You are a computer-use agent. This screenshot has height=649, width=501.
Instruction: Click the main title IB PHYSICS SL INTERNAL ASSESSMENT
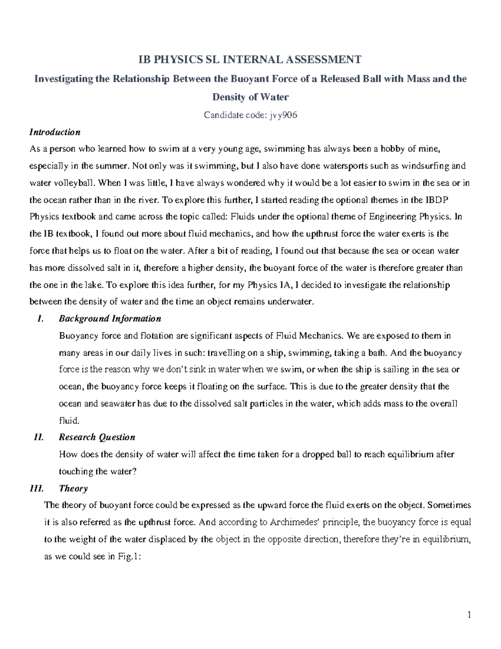tap(250, 60)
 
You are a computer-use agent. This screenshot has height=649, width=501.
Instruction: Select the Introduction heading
tap(55, 132)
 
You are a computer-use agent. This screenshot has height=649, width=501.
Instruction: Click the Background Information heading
tap(110, 318)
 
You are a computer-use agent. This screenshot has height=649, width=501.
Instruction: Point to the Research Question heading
tap(97, 437)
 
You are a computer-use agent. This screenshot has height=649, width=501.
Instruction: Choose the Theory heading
tap(73, 488)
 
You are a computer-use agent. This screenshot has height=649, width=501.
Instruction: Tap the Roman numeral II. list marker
tap(38, 437)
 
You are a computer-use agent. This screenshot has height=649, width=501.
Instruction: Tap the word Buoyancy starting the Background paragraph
tap(77, 336)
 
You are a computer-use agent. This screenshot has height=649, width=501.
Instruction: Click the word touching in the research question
tap(76, 471)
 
